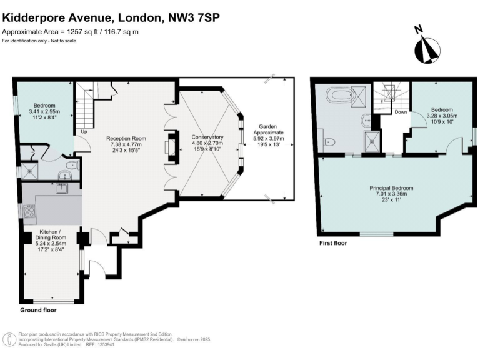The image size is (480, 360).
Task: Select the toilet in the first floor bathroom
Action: coord(329,142)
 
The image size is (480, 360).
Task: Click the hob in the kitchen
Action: coord(29,211)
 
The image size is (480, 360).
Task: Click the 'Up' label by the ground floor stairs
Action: coord(84,132)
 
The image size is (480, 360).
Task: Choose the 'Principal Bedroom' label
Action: coord(391,188)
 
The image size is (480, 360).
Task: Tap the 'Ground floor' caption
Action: coord(39,310)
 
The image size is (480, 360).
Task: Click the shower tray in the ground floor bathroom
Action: coord(28,170)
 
